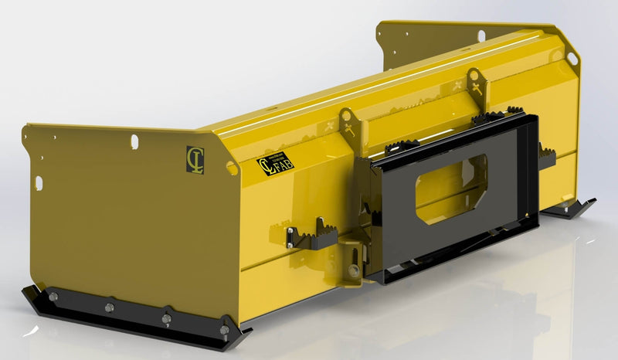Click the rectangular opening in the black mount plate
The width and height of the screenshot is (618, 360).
pyautogui.click(x=452, y=188)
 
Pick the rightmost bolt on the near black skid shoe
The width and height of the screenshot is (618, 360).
pyautogui.click(x=224, y=330)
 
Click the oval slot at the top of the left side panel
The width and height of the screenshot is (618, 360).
pyautogui.click(x=134, y=141)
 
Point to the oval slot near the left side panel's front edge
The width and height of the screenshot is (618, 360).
pyautogui.click(x=39, y=182)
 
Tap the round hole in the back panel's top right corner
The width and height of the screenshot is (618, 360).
pyautogui.click(x=572, y=58)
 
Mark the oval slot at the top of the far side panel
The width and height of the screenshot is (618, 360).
pyautogui.click(x=480, y=36)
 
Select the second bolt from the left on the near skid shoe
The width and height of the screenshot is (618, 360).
pyautogui.click(x=108, y=307)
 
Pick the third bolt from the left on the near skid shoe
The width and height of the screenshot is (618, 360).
pyautogui.click(x=166, y=318)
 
